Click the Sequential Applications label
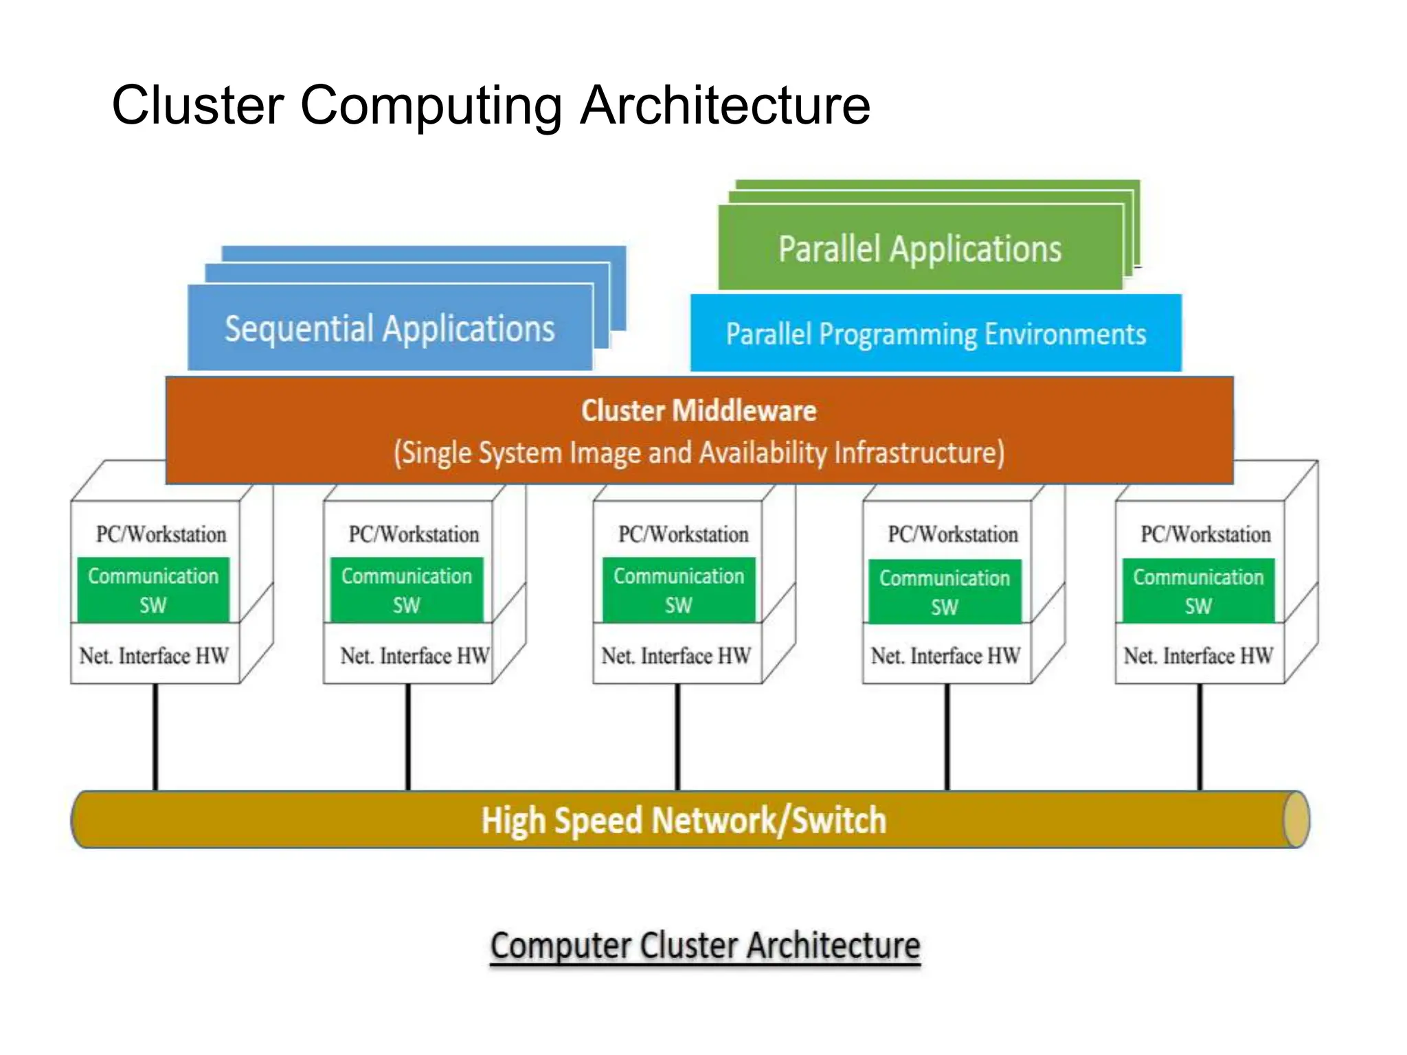point(390,328)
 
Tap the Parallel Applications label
point(920,249)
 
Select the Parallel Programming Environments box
point(936,334)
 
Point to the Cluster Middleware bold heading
point(699,411)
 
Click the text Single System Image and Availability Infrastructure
point(699,453)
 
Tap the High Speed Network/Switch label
point(684,820)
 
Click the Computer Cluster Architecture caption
point(705,945)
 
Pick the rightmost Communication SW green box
point(1198,591)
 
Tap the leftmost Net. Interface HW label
point(154,656)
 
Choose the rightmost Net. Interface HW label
point(1198,656)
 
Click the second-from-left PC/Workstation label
point(414,534)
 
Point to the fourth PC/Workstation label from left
point(953,534)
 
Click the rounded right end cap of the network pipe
point(1296,819)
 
